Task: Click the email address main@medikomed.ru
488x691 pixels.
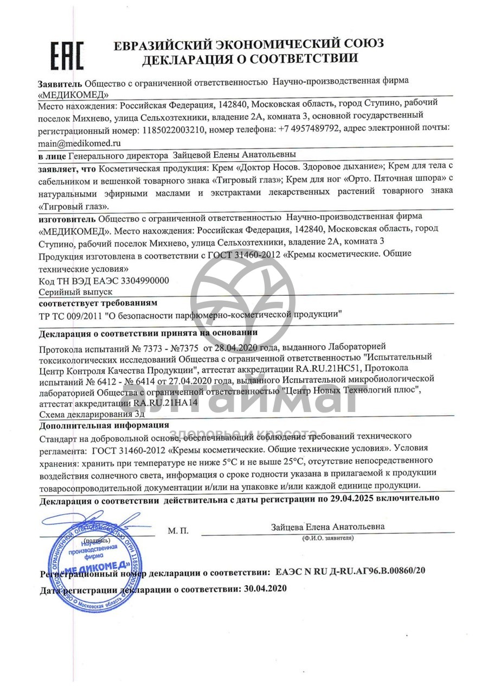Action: [79, 143]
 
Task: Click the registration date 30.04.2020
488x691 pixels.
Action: [266, 588]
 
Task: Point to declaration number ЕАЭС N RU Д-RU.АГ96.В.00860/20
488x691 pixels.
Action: [350, 572]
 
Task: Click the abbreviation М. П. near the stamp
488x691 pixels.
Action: [178, 530]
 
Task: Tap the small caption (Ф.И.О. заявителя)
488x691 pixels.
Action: [328, 537]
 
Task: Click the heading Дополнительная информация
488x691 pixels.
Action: [104, 424]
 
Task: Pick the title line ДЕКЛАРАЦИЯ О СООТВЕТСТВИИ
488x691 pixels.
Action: [250, 59]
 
